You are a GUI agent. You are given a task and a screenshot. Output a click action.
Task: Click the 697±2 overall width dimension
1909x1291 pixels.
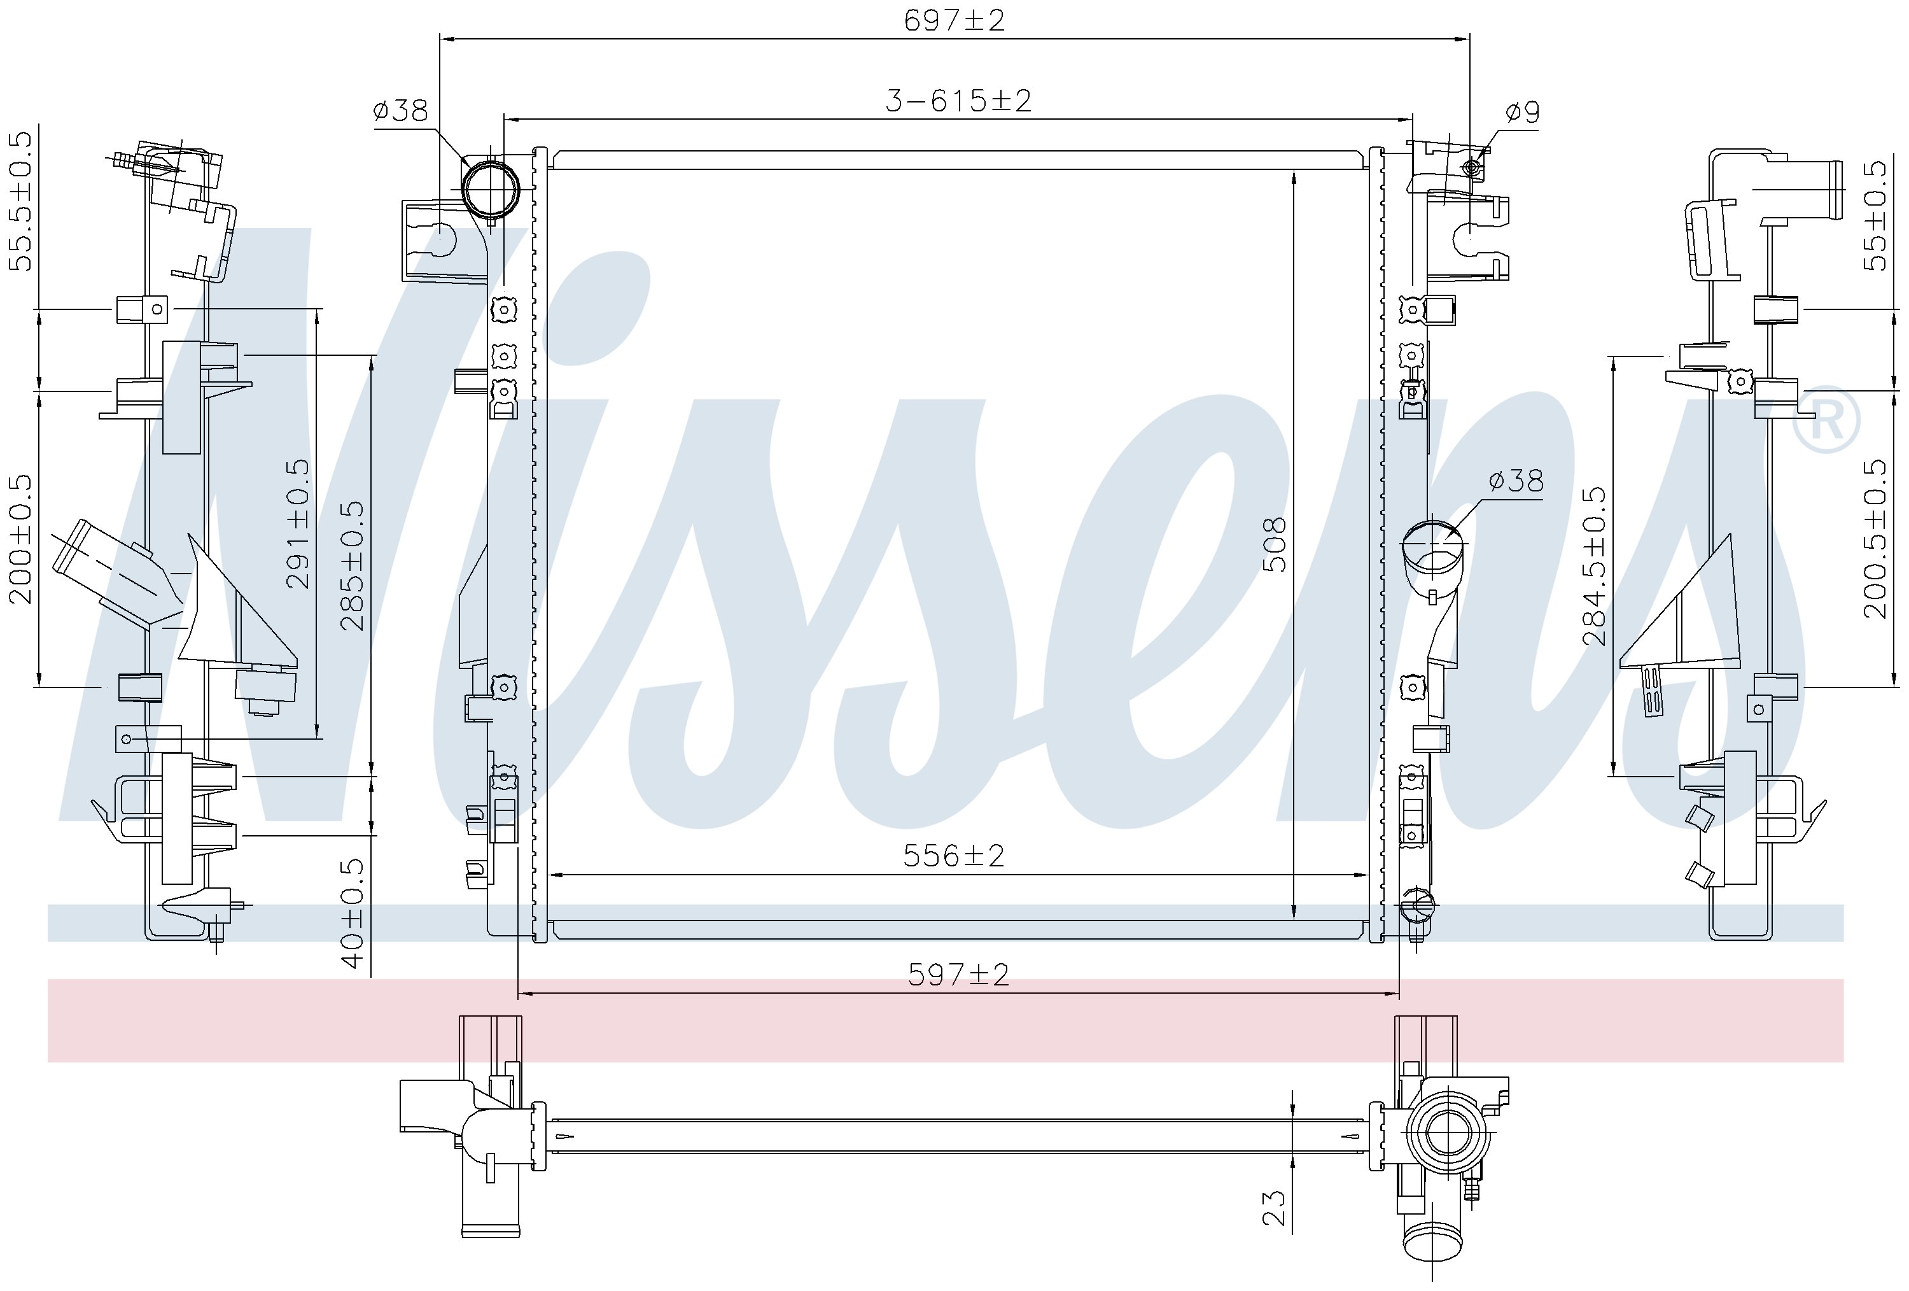click(x=954, y=20)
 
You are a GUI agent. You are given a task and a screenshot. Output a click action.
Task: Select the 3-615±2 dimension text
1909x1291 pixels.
click(x=958, y=100)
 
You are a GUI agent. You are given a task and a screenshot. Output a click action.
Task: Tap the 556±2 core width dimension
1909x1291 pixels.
click(x=954, y=856)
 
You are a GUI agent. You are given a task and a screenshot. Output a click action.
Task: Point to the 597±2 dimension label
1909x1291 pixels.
click(x=958, y=975)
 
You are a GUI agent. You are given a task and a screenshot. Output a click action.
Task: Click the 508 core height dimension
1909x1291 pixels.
click(x=1274, y=544)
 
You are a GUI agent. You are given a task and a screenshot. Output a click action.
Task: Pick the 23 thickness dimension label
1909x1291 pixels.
click(x=1274, y=1208)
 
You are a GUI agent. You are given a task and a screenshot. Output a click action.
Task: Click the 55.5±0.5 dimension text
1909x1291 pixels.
click(x=22, y=200)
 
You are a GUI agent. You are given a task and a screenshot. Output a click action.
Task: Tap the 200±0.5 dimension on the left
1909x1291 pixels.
click(x=22, y=539)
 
